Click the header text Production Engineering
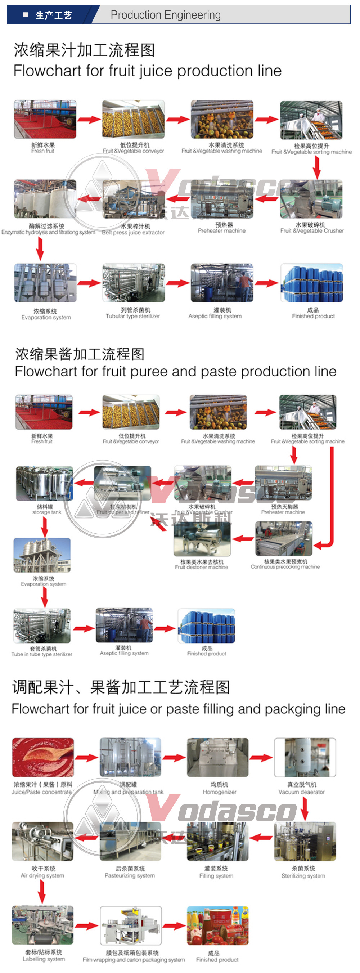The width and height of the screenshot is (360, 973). [x=166, y=15]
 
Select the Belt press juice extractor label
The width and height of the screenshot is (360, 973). [x=133, y=232]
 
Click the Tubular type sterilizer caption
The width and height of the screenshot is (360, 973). [x=132, y=316]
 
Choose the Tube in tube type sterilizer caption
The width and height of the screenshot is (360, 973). [x=41, y=654]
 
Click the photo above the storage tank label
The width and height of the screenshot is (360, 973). [x=45, y=483]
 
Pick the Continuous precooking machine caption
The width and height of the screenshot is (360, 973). [x=285, y=566]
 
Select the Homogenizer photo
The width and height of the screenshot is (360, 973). [x=218, y=757]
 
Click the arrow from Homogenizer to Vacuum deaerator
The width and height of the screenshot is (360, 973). [x=261, y=757]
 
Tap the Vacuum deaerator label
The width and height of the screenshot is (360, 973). [x=301, y=792]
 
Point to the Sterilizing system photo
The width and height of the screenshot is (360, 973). [x=305, y=841]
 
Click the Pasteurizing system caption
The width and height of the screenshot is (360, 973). [x=130, y=875]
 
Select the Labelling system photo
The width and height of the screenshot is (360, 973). [x=43, y=925]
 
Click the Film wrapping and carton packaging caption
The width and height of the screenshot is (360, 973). [x=134, y=960]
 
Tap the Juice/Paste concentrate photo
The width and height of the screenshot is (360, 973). [x=43, y=757]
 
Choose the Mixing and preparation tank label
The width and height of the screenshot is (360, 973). [x=129, y=792]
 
